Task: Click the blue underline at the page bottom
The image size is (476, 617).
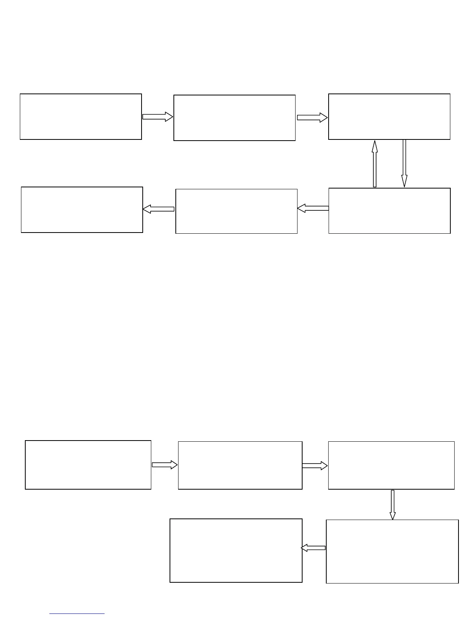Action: pyautogui.click(x=77, y=613)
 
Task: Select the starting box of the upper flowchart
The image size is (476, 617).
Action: pyautogui.click(x=81, y=116)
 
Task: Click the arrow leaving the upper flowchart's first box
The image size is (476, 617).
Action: pyautogui.click(x=157, y=116)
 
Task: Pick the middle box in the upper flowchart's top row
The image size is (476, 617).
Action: pyautogui.click(x=234, y=118)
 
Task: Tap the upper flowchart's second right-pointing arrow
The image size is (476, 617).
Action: pyautogui.click(x=312, y=117)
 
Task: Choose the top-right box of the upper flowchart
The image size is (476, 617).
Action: pyautogui.click(x=389, y=116)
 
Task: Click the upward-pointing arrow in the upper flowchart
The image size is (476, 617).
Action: pyautogui.click(x=374, y=164)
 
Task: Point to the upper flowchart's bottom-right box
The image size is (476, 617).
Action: pyautogui.click(x=389, y=211)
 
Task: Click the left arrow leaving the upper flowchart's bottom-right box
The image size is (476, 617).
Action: pyautogui.click(x=313, y=208)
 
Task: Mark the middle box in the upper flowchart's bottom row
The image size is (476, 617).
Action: pyautogui.click(x=236, y=211)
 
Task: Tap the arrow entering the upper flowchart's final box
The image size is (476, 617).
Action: pyautogui.click(x=159, y=209)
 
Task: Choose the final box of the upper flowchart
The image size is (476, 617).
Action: pyautogui.click(x=82, y=210)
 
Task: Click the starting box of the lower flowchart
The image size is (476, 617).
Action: pyautogui.click(x=88, y=465)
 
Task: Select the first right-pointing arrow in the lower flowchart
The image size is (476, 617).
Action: pyautogui.click(x=164, y=465)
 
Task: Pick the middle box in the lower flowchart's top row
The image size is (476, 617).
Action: pyautogui.click(x=240, y=465)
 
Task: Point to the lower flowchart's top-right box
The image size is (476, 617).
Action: pyautogui.click(x=391, y=465)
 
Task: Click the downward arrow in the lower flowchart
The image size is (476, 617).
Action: pyautogui.click(x=392, y=504)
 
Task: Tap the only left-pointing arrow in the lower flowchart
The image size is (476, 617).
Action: pyautogui.click(x=313, y=548)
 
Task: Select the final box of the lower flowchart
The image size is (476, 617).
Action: pyautogui.click(x=236, y=550)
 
